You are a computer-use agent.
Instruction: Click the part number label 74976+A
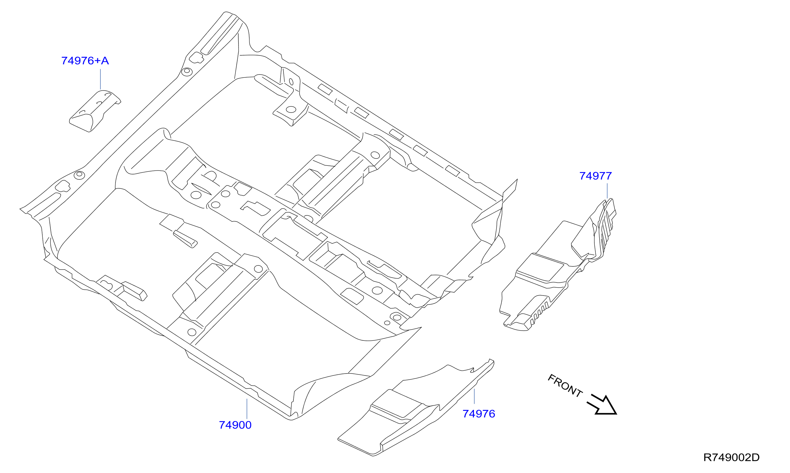pyautogui.click(x=85, y=61)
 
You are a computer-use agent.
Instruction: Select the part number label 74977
pyautogui.click(x=595, y=176)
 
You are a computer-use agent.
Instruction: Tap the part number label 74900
pyautogui.click(x=235, y=425)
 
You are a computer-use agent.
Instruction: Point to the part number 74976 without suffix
pyautogui.click(x=479, y=414)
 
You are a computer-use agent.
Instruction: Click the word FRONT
pyautogui.click(x=565, y=386)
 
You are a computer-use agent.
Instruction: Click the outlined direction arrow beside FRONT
pyautogui.click(x=602, y=405)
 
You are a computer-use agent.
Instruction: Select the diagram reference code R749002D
pyautogui.click(x=731, y=457)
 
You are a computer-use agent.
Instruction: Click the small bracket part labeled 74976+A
pyautogui.click(x=95, y=111)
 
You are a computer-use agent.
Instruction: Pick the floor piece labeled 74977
pyautogui.click(x=558, y=265)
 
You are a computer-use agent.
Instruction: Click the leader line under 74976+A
pyautogui.click(x=100, y=79)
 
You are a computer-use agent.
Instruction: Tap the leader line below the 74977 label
pyautogui.click(x=607, y=191)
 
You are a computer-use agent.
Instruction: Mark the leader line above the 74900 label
pyautogui.click(x=247, y=409)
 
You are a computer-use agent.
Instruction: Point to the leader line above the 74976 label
pyautogui.click(x=474, y=396)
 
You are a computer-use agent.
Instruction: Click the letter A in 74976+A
pyautogui.click(x=105, y=61)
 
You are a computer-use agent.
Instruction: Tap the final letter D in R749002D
pyautogui.click(x=756, y=457)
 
